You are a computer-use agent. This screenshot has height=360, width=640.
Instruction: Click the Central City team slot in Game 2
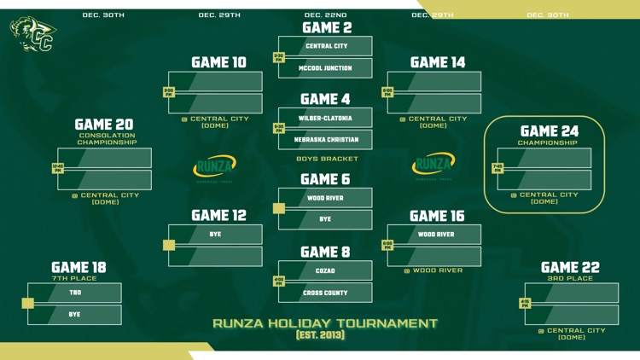tap(325, 46)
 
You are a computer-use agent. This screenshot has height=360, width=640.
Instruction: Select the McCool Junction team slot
tap(325, 68)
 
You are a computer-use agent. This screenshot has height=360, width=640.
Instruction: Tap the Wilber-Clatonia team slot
tap(325, 119)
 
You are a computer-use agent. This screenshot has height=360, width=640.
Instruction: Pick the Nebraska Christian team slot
tap(325, 140)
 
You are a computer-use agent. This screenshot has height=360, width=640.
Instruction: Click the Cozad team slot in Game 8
tap(325, 271)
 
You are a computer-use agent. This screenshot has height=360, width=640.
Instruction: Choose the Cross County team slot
tap(325, 293)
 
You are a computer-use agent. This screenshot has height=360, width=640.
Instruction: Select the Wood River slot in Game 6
tap(325, 198)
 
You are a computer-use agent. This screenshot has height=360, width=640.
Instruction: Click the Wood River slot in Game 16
tap(435, 235)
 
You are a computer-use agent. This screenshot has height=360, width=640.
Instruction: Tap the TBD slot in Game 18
tap(75, 293)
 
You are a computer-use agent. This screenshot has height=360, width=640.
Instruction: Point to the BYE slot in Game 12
tap(215, 235)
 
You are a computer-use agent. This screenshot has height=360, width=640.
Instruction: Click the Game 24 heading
tap(550, 131)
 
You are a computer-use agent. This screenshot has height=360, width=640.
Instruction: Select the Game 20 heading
tap(104, 125)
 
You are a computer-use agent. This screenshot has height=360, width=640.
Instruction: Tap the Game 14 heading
tap(437, 62)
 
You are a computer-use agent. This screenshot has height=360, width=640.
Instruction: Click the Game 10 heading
tap(218, 62)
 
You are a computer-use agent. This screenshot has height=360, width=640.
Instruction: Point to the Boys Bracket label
tap(327, 159)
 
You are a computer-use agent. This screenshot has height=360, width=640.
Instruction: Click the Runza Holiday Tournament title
tap(325, 323)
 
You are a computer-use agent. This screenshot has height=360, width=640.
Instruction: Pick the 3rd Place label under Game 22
tap(571, 278)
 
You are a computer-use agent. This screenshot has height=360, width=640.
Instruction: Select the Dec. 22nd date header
tap(325, 15)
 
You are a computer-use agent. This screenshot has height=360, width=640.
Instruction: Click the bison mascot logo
tap(33, 34)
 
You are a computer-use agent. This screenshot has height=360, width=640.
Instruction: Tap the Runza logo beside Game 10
tap(215, 166)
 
